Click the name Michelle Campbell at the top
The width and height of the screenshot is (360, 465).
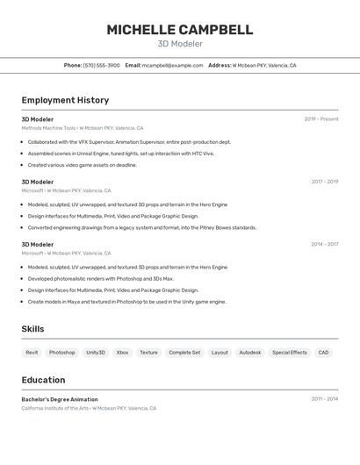179,30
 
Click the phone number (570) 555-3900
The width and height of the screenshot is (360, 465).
102,65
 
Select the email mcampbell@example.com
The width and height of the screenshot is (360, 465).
172,65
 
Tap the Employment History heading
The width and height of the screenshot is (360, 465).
65,100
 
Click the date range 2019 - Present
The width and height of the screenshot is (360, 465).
321,119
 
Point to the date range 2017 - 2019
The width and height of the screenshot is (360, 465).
325,182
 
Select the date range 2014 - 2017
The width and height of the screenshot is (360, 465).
325,245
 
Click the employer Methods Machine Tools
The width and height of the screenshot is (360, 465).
49,128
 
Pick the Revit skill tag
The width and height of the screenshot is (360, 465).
32,352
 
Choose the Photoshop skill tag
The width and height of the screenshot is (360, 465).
61,352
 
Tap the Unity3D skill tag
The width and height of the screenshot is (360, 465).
96,352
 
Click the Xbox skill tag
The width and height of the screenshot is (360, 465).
122,352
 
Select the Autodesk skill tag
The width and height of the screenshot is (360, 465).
250,352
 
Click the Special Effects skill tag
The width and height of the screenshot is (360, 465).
290,352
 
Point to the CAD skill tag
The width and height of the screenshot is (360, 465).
324,352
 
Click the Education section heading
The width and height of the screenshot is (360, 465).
43,380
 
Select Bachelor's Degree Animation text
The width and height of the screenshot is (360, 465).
60,399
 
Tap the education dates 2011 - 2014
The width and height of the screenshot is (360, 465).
325,399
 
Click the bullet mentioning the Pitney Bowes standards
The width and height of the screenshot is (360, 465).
142,227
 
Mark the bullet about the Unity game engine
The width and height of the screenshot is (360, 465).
126,302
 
